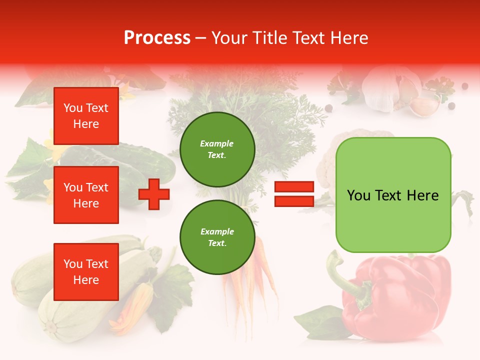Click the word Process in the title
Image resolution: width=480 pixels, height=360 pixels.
[157, 38]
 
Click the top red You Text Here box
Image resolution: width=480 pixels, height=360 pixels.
[86, 116]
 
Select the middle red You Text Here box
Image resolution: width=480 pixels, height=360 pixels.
[86, 195]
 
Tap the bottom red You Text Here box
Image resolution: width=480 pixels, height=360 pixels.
[86, 272]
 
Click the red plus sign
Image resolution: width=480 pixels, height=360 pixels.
[154, 194]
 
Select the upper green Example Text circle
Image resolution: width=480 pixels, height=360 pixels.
[217, 149]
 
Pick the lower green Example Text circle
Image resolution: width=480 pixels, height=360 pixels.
[217, 237]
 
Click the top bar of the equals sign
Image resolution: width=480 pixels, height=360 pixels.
[294, 187]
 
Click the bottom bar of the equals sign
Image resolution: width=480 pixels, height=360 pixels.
[294, 201]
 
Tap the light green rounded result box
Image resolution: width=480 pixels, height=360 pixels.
[393, 195]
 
